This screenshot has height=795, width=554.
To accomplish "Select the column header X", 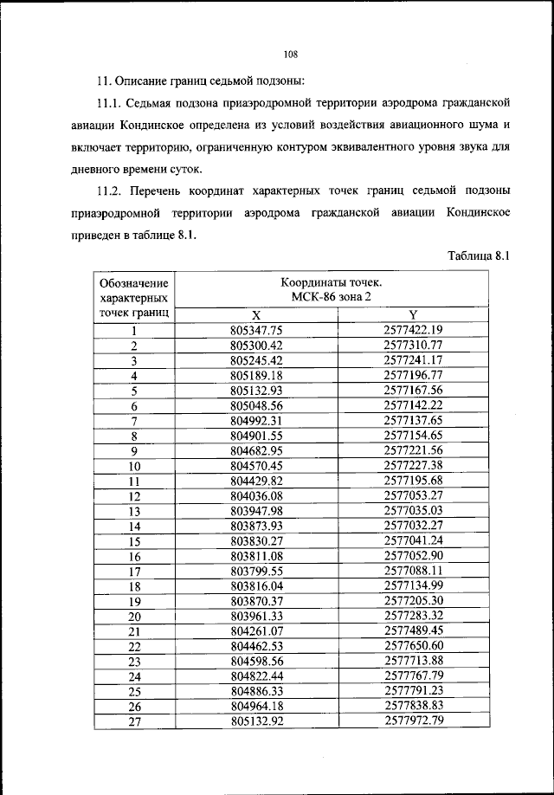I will (x=256, y=315).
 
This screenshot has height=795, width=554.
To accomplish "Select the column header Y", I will (x=413, y=315).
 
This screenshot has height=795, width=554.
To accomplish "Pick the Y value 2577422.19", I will (x=413, y=330).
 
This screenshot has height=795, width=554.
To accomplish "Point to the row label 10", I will (x=134, y=465).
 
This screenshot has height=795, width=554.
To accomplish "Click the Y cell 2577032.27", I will (x=413, y=525).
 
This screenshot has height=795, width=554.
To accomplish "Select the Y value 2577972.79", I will (x=413, y=721).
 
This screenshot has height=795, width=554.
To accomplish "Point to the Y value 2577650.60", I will (x=413, y=646).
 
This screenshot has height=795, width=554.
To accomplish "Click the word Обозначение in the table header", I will (x=134, y=284).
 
